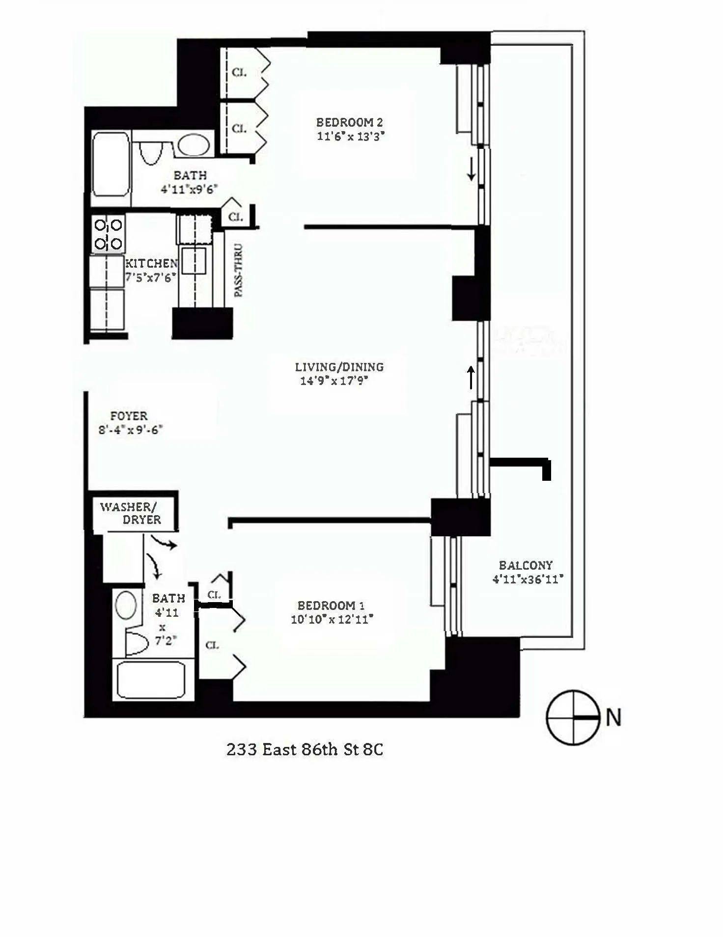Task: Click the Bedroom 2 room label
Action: pyautogui.click(x=349, y=122)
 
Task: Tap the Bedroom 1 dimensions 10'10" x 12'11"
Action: pyautogui.click(x=332, y=619)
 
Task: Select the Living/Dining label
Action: pyautogui.click(x=339, y=367)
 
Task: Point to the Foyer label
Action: pyautogui.click(x=129, y=416)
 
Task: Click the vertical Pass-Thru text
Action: pyautogui.click(x=238, y=271)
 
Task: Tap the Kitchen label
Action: pyautogui.click(x=151, y=263)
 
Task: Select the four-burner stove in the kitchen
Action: pyautogui.click(x=108, y=234)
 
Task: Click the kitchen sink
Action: pyautogui.click(x=194, y=261)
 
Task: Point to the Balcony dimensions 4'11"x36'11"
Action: pyautogui.click(x=528, y=579)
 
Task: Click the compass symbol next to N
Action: pyautogui.click(x=572, y=718)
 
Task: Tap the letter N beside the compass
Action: pyautogui.click(x=613, y=717)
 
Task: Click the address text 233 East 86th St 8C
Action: pyautogui.click(x=305, y=749)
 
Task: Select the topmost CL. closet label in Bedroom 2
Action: pyautogui.click(x=239, y=72)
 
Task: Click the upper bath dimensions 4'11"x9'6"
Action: pyautogui.click(x=190, y=189)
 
